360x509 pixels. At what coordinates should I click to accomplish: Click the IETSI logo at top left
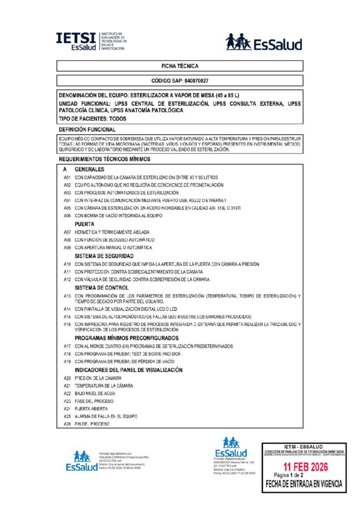point(91,41)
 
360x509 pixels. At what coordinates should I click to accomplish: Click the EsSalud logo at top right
point(264,42)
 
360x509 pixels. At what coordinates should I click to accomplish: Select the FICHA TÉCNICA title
point(180,66)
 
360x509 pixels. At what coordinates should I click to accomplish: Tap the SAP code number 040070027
point(196,81)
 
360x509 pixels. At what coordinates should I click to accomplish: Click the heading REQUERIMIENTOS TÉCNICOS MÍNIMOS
point(104,159)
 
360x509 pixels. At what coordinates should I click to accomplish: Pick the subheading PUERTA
point(84,224)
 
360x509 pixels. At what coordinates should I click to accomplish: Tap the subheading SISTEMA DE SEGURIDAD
point(104,256)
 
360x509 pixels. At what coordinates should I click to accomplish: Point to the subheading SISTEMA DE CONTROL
point(101,288)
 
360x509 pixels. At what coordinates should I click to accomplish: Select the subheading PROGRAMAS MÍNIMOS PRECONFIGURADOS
point(127,338)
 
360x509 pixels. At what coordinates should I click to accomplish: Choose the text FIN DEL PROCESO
point(92,424)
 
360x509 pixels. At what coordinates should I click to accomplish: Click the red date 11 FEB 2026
point(304,467)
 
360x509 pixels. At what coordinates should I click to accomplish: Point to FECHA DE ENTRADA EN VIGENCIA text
point(304,483)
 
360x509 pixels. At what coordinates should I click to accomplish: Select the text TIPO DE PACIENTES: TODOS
point(92,119)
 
